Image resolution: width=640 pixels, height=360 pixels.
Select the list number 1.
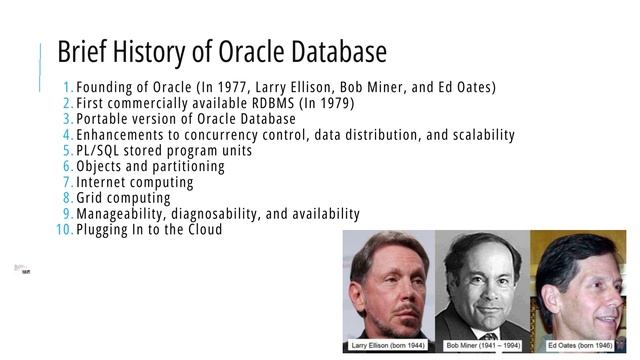tap(67, 87)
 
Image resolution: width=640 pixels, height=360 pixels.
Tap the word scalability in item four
tap(476, 135)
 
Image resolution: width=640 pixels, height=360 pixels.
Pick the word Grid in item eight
tap(92, 199)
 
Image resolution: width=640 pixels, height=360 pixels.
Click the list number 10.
tap(64, 230)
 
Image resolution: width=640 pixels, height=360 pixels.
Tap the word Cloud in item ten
tap(202, 230)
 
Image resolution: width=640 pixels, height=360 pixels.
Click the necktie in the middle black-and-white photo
tap(489, 335)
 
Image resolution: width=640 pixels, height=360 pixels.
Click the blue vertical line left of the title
tap(41, 70)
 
